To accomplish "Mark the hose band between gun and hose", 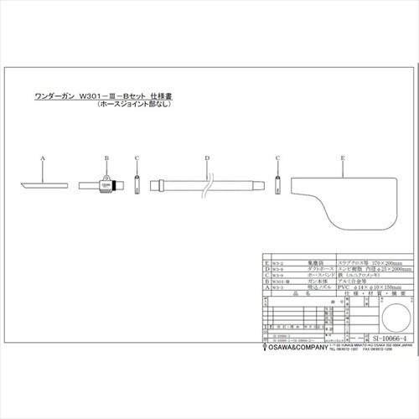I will (x=137, y=184).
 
